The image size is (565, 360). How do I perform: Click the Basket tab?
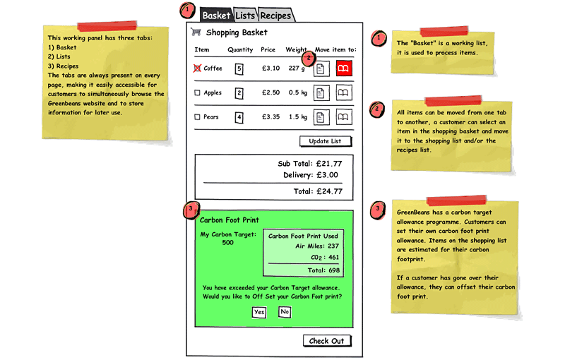coord(216,15)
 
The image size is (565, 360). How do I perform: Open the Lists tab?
coord(245,15)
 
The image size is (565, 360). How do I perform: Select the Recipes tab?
coord(275,15)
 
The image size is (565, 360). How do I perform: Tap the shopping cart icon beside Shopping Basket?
coord(196,32)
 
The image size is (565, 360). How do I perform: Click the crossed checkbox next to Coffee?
coord(197,68)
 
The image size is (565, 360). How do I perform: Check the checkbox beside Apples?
coord(197,92)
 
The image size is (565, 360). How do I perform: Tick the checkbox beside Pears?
coord(197,117)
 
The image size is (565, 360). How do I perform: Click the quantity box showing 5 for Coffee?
coord(239,68)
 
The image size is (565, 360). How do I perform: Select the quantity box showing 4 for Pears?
coord(239,117)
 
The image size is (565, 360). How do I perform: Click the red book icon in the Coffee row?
coord(344,68)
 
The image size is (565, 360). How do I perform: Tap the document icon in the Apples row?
coord(321,93)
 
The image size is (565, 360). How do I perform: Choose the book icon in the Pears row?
coord(344,117)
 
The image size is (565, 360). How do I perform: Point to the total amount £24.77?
coord(329,191)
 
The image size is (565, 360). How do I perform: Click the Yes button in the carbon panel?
coord(259,312)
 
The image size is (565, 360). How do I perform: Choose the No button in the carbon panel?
coord(285,312)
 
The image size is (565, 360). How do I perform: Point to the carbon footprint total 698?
coord(334,270)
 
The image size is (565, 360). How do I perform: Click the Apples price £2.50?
coord(270,92)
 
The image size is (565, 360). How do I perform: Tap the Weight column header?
coord(296,49)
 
